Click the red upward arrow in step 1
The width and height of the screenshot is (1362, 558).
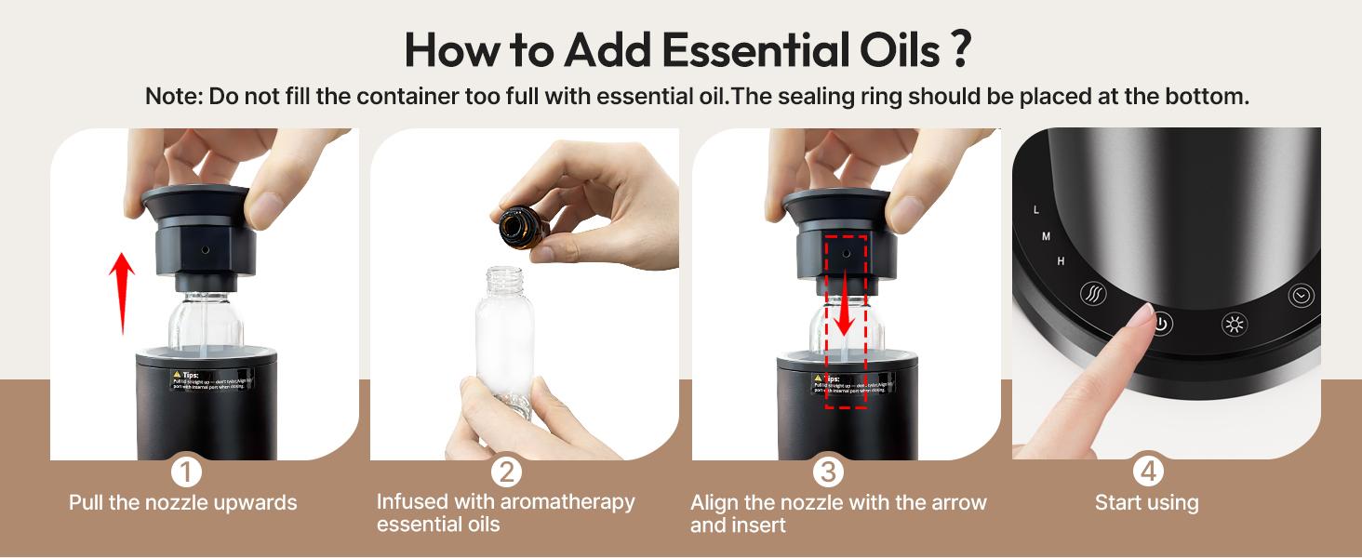click(122, 293)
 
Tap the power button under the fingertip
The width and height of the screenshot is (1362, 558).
click(1161, 325)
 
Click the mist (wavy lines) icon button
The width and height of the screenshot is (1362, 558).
click(1093, 294)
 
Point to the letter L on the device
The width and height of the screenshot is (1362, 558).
click(1036, 210)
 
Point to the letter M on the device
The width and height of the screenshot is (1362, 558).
click(1046, 237)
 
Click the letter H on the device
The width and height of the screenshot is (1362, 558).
click(1061, 262)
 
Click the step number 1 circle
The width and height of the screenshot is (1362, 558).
click(186, 472)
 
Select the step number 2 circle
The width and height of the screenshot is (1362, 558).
click(506, 472)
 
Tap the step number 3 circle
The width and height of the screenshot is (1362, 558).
click(827, 472)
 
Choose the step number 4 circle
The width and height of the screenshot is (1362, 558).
click(1148, 472)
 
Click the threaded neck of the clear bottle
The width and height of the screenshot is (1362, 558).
click(504, 277)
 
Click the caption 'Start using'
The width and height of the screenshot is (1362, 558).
click(1146, 503)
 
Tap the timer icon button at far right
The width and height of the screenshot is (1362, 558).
click(1301, 296)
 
